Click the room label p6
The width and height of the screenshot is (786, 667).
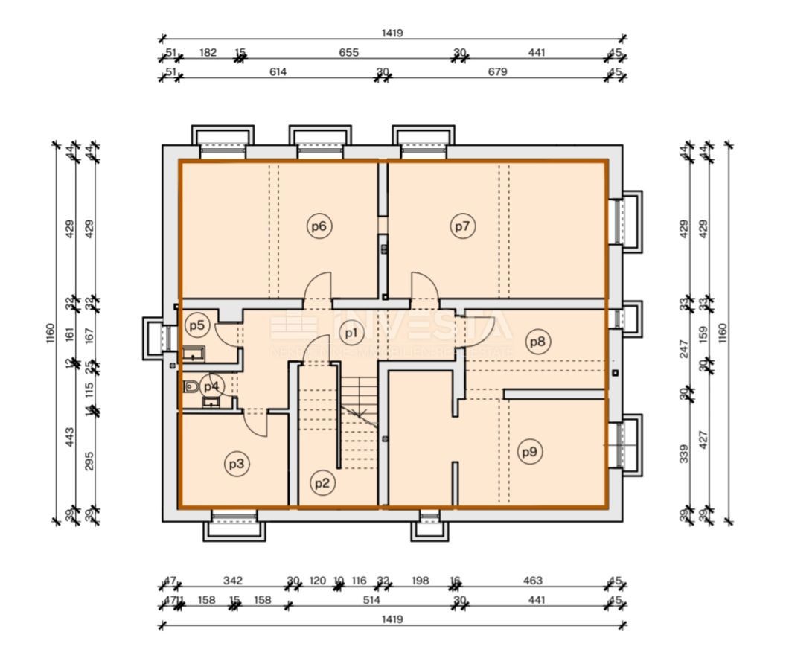[x=319, y=226]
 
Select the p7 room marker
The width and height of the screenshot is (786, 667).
[x=462, y=226]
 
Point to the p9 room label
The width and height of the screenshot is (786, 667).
[x=529, y=451]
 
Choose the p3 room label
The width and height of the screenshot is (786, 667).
[x=236, y=465]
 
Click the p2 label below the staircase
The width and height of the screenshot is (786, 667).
[x=322, y=482]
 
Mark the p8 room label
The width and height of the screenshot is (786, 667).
[x=537, y=342]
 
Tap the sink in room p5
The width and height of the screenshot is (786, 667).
[x=195, y=354]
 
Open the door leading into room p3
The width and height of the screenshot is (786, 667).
[x=257, y=424]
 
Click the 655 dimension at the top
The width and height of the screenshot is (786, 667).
[x=348, y=53]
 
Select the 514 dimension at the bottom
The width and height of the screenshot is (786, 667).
[x=371, y=599]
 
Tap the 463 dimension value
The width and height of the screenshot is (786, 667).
[x=533, y=581]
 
